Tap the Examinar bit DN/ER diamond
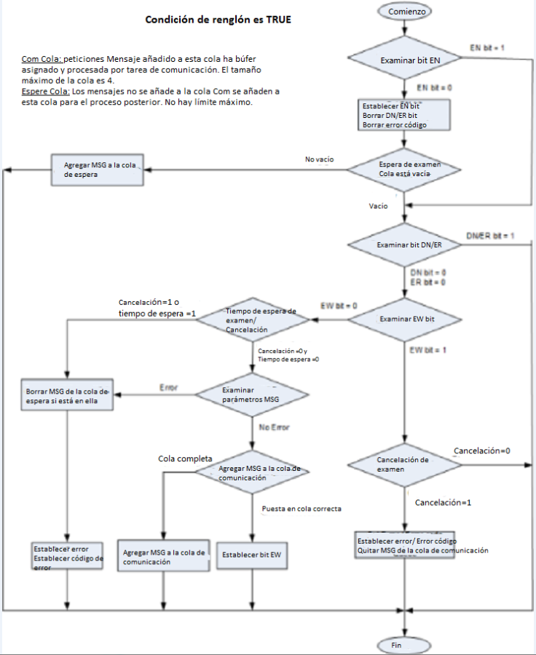[404, 245]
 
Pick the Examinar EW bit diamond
[404, 319]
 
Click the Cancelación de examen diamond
[403, 464]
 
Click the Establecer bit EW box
[251, 555]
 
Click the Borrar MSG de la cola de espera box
[67, 395]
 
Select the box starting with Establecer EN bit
[404, 115]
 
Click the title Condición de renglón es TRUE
[218, 20]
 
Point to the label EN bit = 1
[487, 47]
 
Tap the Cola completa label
[185, 458]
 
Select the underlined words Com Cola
[42, 57]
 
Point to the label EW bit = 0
[339, 305]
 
